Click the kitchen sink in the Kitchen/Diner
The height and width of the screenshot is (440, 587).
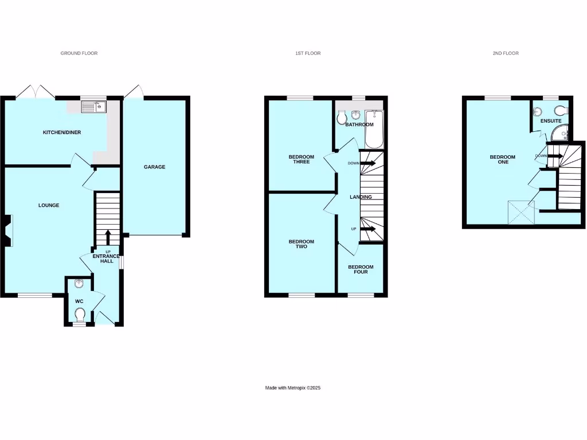(91, 106)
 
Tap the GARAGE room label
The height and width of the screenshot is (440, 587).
(154, 167)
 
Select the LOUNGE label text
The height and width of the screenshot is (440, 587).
(49, 205)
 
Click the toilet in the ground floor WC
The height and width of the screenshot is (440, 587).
(80, 314)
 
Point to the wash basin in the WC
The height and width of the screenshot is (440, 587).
(79, 283)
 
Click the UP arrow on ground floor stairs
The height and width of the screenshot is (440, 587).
(108, 237)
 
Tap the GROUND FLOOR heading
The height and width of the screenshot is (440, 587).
(79, 53)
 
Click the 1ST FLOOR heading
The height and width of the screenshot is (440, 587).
(308, 53)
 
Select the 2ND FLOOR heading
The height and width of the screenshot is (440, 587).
(505, 53)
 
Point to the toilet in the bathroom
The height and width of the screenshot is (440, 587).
(342, 118)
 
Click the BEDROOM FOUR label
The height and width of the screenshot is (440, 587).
(361, 269)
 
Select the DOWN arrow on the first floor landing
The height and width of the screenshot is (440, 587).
(367, 163)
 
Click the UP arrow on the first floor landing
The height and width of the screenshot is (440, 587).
(367, 229)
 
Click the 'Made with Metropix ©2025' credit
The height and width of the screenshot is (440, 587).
(292, 388)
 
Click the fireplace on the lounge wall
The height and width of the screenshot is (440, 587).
(7, 230)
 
